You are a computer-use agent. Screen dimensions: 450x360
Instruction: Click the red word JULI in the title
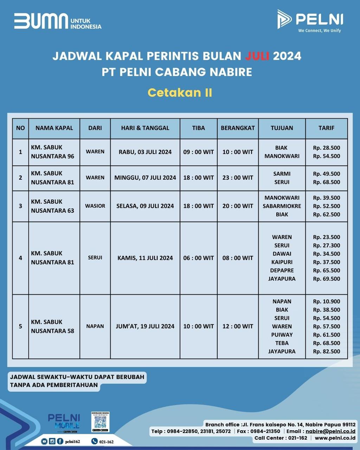pos(257,56)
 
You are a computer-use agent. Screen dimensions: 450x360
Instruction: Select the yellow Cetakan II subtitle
pos(180,92)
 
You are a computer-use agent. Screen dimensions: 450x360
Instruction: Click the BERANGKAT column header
pos(238,128)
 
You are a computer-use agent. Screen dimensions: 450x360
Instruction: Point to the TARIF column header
pos(326,128)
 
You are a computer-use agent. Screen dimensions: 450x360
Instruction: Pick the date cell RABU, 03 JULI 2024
pos(145,152)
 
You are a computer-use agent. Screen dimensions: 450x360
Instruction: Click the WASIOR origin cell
pos(95,206)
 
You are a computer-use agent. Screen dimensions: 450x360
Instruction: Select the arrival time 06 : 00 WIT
pos(198,258)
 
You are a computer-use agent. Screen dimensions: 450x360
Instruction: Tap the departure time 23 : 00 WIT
pos(238,178)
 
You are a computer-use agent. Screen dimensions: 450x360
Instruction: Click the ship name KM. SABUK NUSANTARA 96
pos(53,152)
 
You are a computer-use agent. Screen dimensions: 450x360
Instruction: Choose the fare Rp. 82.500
pos(326,351)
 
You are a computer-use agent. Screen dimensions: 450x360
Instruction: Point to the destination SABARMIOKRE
pos(282,206)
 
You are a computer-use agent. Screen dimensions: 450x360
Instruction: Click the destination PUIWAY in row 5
pos(282,335)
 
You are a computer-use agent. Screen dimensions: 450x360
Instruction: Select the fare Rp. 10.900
pos(326,301)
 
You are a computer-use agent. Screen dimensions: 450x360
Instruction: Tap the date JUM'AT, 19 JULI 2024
pos(145,326)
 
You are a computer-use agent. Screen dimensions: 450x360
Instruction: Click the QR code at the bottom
pos(100,423)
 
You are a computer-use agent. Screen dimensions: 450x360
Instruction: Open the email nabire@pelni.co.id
pos(330,431)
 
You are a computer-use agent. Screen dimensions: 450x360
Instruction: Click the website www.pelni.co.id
pos(335,438)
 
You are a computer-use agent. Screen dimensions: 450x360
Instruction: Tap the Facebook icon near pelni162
pos(60,441)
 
